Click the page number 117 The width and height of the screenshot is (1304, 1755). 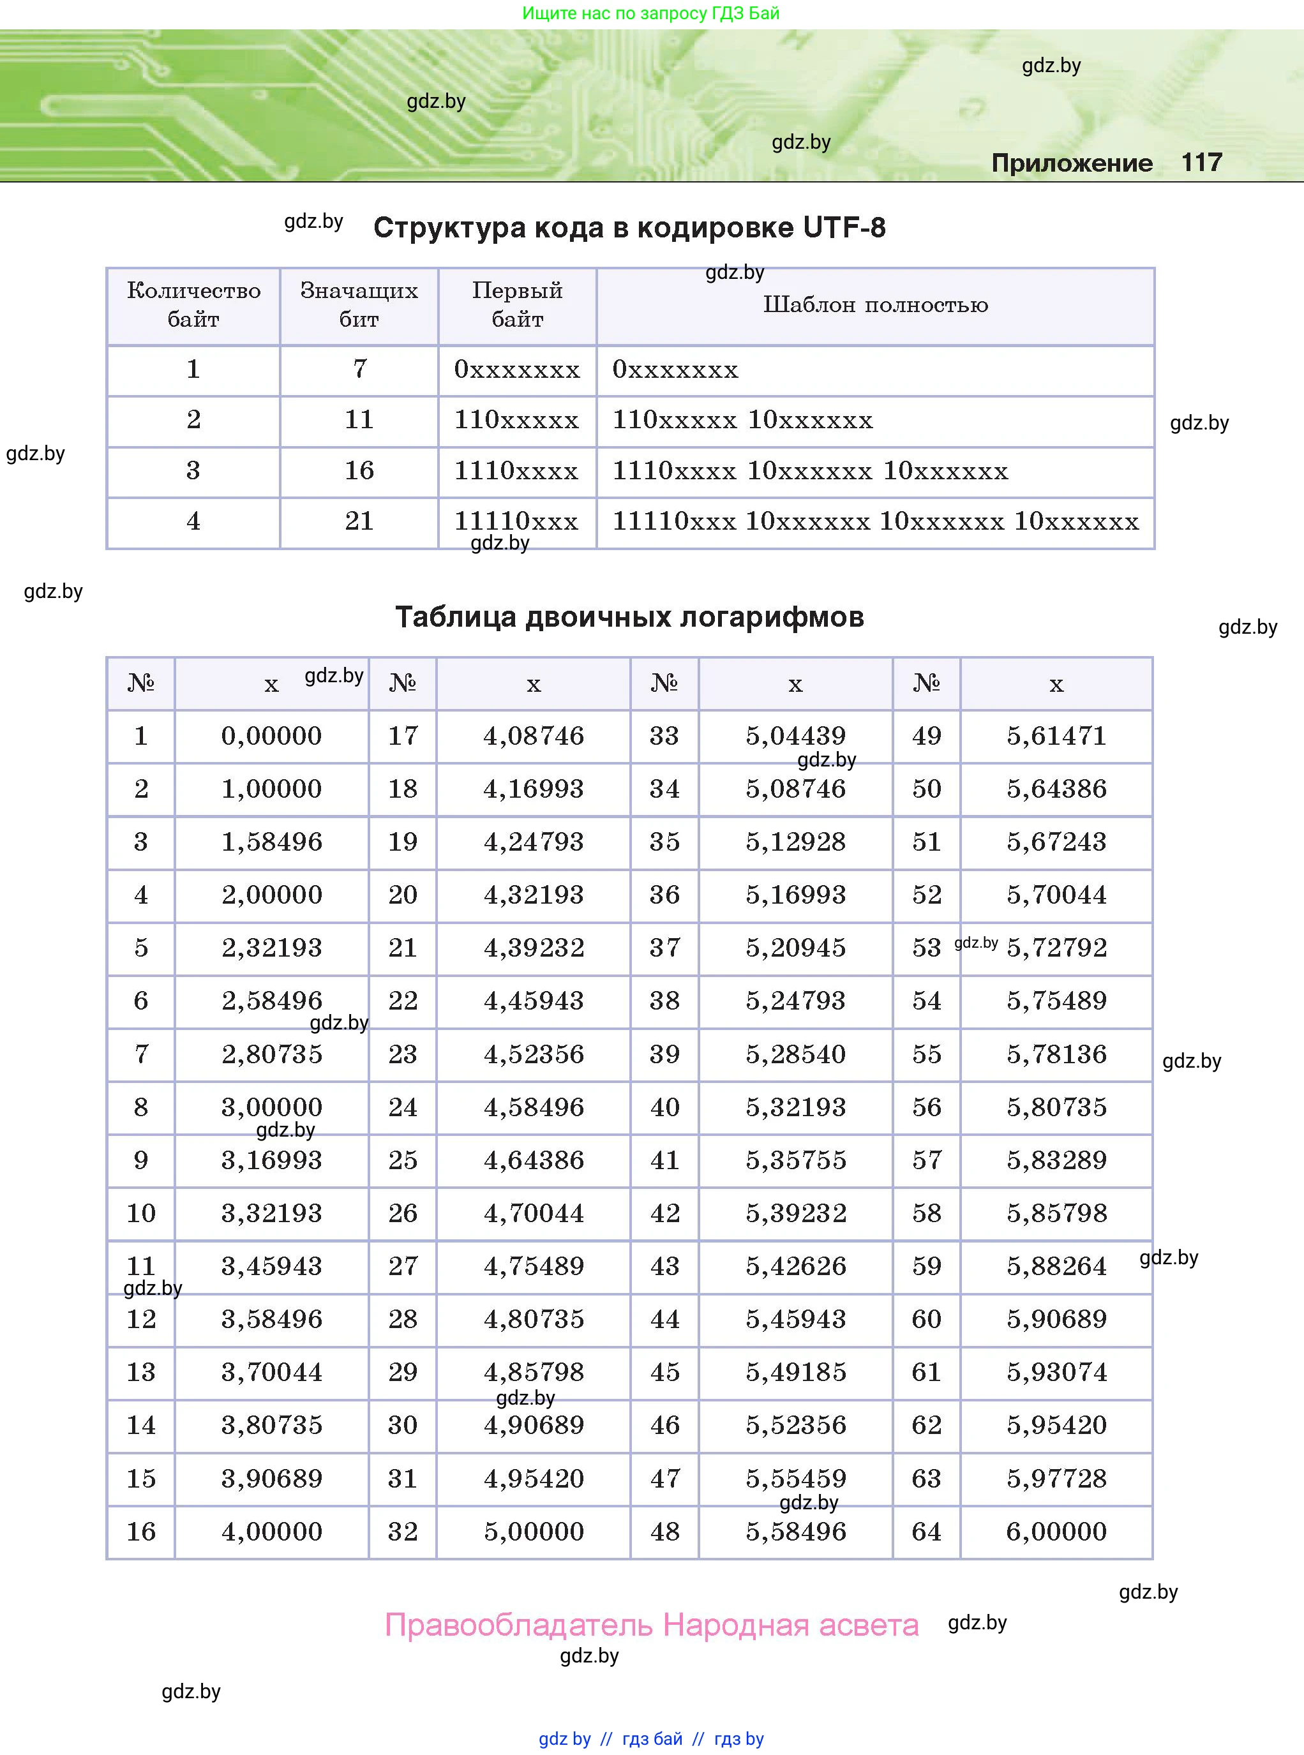(1201, 163)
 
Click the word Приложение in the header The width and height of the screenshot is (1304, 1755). (1071, 163)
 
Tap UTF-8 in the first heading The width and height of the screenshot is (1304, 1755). (844, 227)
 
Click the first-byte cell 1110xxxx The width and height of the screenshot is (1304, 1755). (516, 471)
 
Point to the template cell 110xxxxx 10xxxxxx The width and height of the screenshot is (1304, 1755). (742, 420)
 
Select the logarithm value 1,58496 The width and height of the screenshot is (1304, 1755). (271, 841)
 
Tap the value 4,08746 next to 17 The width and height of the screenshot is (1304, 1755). (534, 735)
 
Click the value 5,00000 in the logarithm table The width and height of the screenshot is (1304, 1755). (534, 1532)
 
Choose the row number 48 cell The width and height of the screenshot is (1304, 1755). (664, 1532)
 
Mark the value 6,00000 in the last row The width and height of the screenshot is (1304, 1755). (1056, 1532)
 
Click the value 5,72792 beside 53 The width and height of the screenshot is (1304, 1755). (1056, 947)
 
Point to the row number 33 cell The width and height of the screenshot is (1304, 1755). (664, 735)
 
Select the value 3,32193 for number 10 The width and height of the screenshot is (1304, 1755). (271, 1213)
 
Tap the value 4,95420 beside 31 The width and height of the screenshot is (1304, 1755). (534, 1478)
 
